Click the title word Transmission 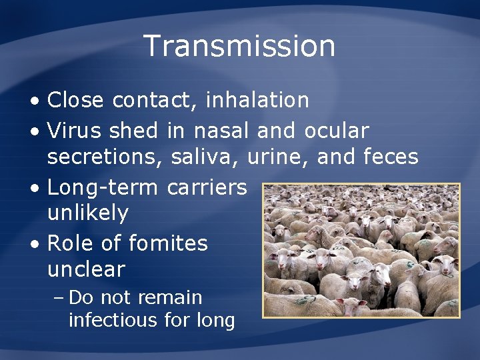tap(239, 46)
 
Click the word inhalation tap(257, 100)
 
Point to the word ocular tap(336, 131)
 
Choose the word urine tap(279, 157)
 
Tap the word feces tap(391, 157)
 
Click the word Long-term tap(103, 187)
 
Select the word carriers tap(207, 187)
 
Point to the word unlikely tap(87, 213)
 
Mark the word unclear tap(86, 269)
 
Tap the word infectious tap(112, 321)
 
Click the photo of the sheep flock tap(361, 250)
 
